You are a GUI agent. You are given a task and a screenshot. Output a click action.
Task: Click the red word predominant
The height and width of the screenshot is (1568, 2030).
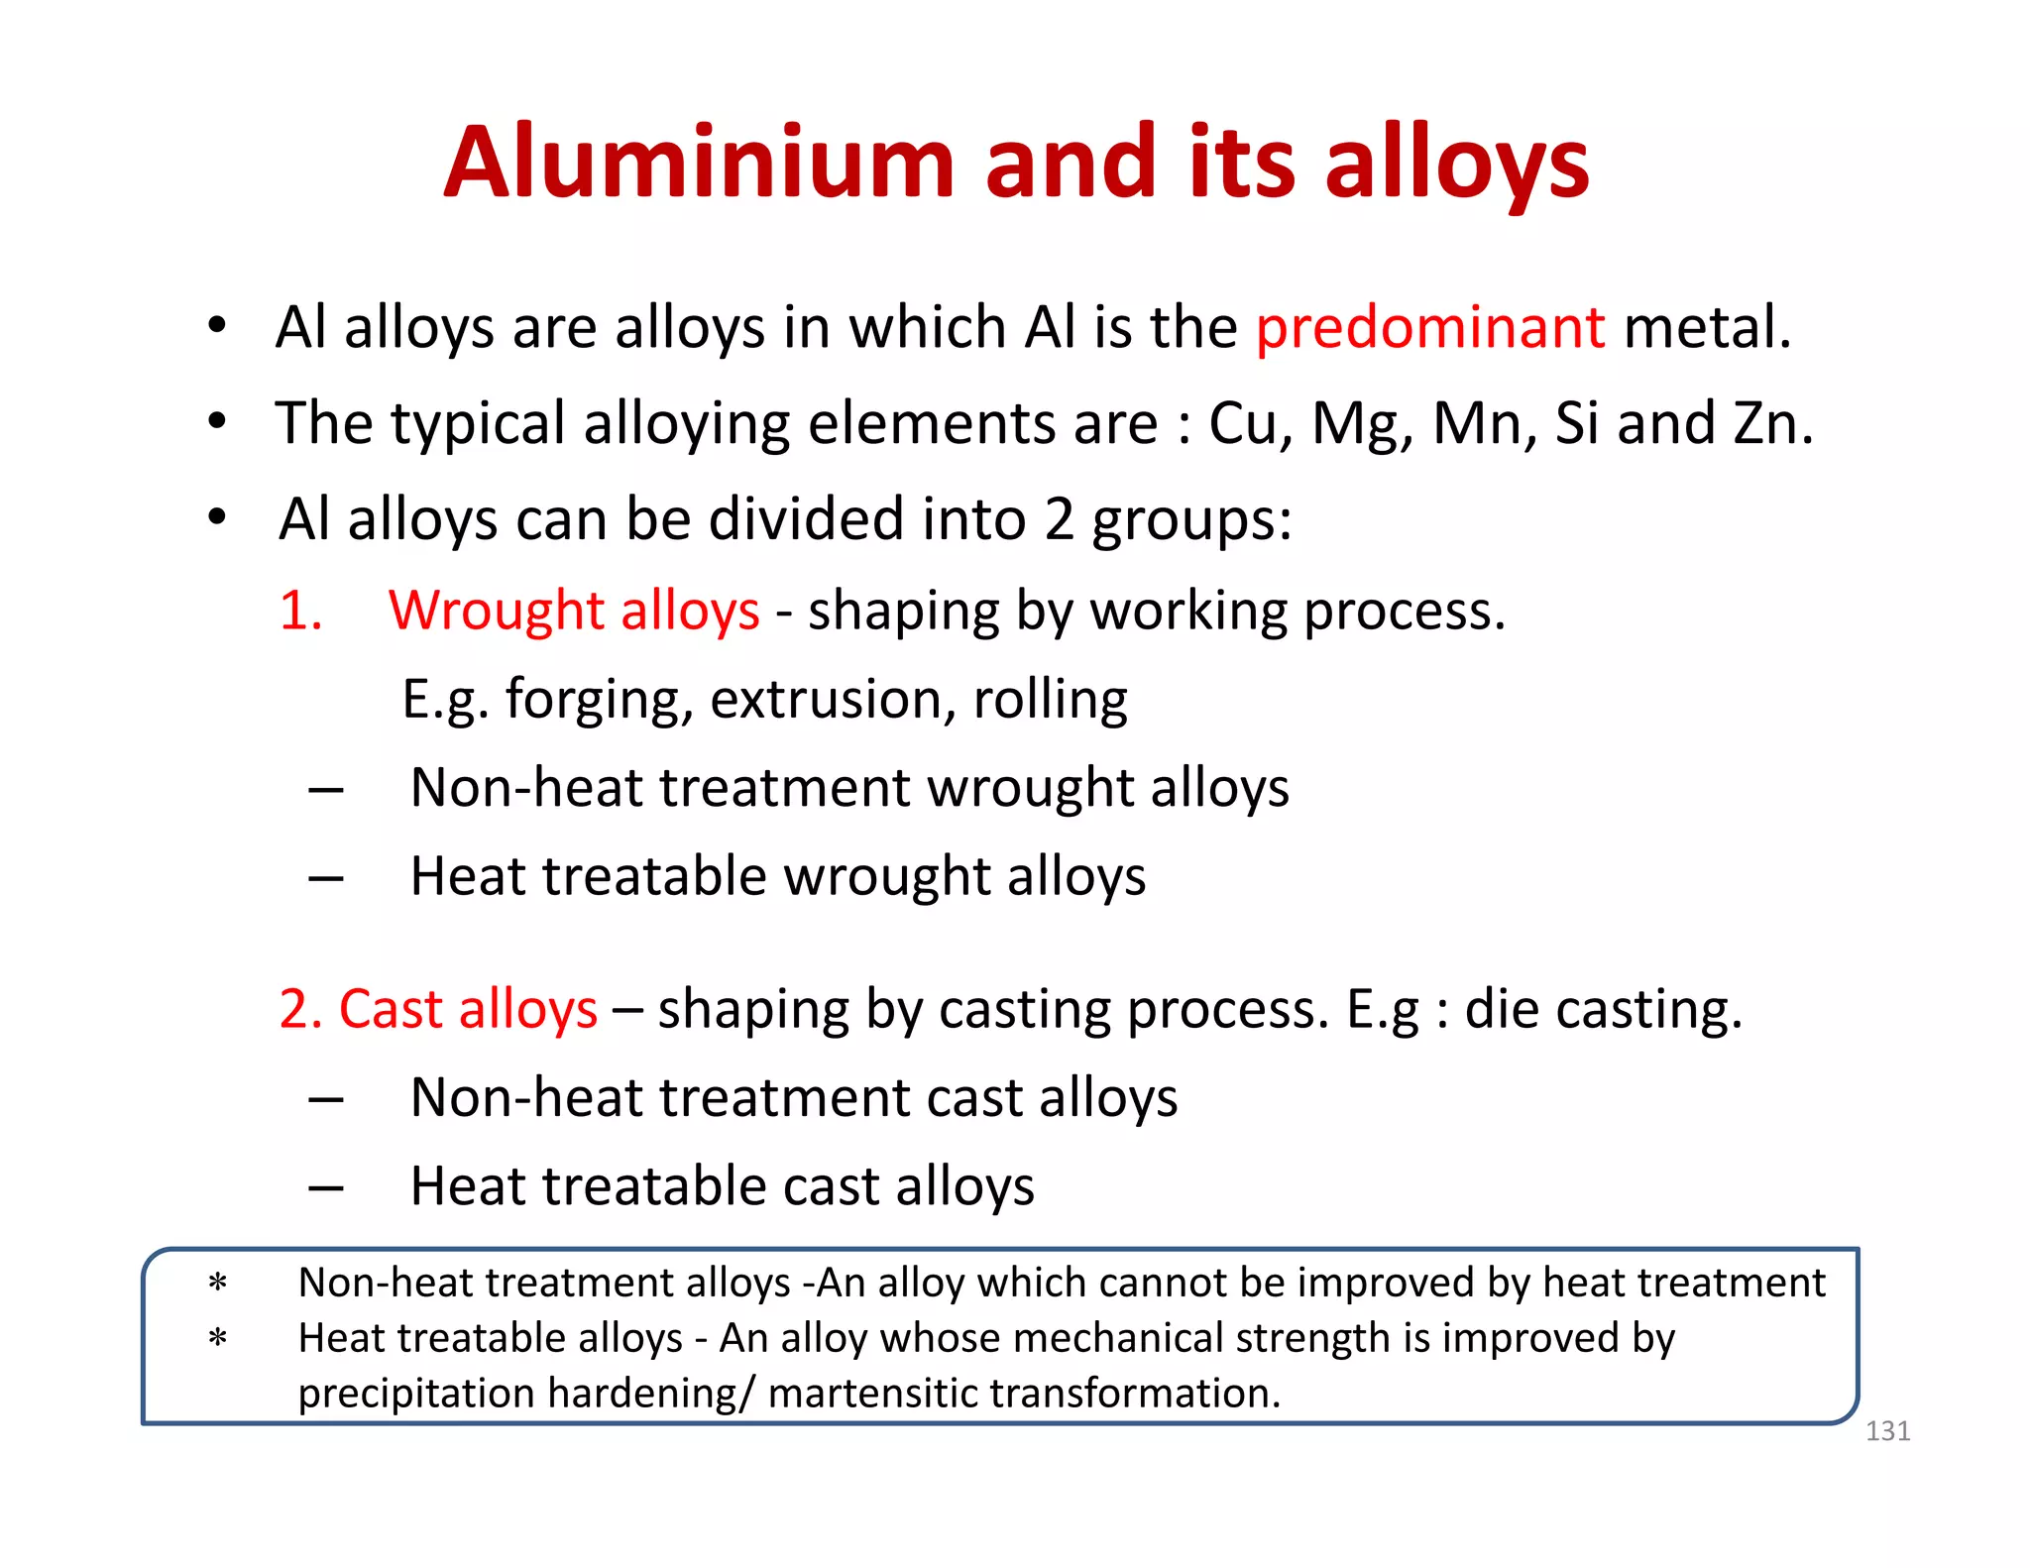(x=1429, y=328)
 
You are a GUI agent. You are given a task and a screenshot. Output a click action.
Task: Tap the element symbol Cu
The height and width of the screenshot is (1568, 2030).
(x=1249, y=424)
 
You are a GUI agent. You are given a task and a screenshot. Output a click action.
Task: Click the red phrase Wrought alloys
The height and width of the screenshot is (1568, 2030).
(x=574, y=611)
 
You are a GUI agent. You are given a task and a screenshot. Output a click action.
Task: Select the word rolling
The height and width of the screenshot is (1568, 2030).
(x=1050, y=701)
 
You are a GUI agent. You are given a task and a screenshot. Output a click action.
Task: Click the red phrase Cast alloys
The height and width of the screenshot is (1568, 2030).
(x=468, y=1010)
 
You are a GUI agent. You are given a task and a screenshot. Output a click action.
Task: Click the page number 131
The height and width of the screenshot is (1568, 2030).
(x=1887, y=1431)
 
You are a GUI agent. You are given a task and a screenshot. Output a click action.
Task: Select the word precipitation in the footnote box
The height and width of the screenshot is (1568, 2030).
(x=417, y=1394)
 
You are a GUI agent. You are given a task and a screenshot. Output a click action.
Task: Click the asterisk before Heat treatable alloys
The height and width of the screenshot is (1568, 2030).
(x=218, y=1340)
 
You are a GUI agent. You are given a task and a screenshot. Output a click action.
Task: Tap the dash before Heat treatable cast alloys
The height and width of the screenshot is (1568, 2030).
(x=326, y=1186)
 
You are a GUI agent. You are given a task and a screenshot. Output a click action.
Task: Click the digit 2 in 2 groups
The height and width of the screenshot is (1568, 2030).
(x=1059, y=520)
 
